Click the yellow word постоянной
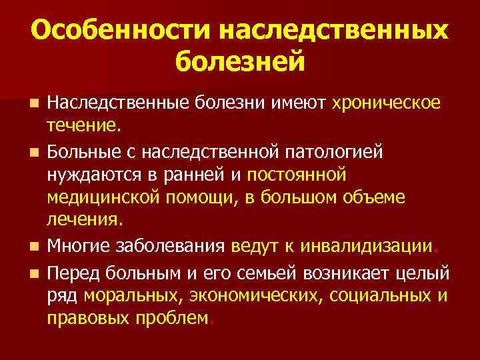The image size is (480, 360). coord(296,175)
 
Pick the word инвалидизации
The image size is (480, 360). coord(366,247)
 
